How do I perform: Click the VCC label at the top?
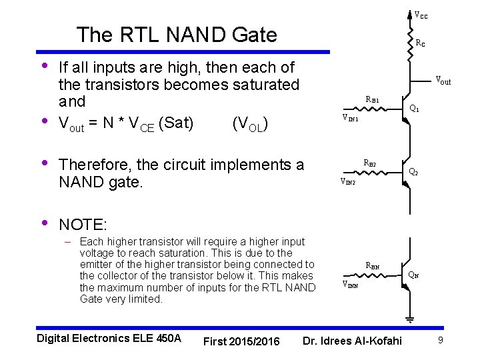[421, 15]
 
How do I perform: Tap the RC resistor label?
[420, 44]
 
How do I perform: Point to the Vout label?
[443, 81]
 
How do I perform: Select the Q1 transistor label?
[414, 108]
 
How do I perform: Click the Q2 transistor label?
[413, 172]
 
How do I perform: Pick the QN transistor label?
[413, 274]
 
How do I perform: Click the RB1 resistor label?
[372, 100]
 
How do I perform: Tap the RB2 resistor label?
[369, 163]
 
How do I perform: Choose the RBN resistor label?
[373, 265]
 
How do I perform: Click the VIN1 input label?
[350, 119]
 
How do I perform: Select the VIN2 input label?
[347, 181]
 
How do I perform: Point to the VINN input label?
[350, 284]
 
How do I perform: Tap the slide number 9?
[441, 341]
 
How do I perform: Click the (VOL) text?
[251, 123]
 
